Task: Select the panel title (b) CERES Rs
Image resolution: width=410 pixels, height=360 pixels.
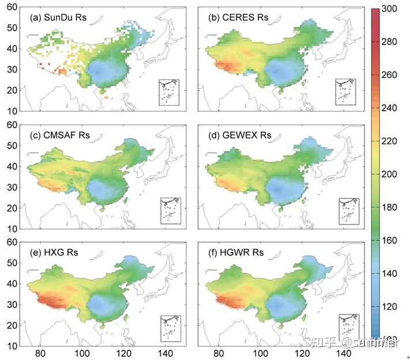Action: (238, 17)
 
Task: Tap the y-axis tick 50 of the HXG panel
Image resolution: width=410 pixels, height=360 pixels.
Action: (12, 262)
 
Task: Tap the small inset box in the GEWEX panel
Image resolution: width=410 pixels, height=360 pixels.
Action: (348, 211)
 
